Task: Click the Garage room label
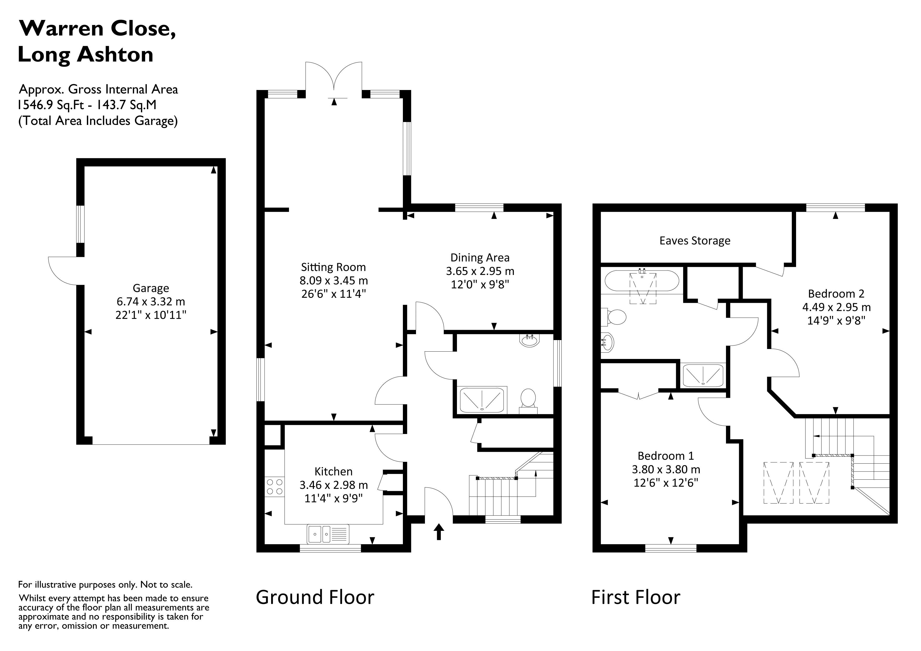(151, 288)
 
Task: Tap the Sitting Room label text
(333, 267)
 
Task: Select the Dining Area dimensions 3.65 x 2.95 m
(480, 271)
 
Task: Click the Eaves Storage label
(695, 241)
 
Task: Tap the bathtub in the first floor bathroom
(641, 281)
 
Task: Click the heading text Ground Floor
(315, 597)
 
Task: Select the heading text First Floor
(635, 597)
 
